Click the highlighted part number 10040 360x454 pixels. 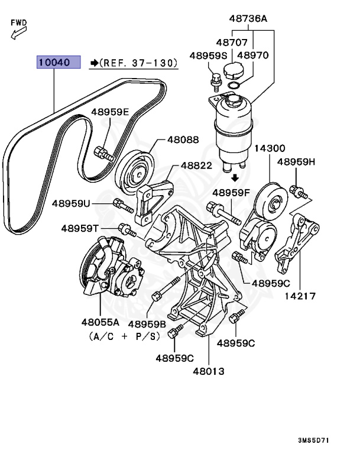tap(58, 62)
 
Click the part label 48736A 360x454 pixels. tap(248, 19)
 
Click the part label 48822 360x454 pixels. tap(196, 166)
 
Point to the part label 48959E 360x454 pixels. tap(109, 112)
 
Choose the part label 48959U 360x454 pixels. tap(71, 203)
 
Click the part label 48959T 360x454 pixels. tap(79, 228)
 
